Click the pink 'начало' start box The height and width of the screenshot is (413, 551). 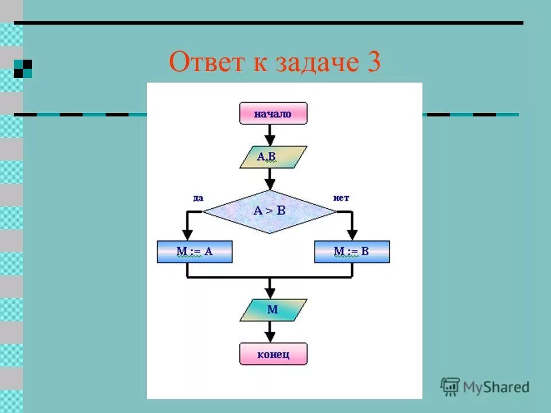[273, 114]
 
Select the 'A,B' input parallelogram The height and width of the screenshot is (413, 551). [273, 157]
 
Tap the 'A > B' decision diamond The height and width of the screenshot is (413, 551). [270, 211]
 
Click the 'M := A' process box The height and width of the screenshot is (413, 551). [195, 251]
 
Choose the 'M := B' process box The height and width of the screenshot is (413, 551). [352, 251]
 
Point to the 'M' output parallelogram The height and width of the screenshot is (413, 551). [273, 310]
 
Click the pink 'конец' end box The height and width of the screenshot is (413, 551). [273, 354]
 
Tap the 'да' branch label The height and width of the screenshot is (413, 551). [197, 198]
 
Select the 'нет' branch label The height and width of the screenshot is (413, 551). [341, 198]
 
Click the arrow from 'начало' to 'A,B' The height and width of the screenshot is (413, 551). [270, 135]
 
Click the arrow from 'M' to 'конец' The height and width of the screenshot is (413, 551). [270, 332]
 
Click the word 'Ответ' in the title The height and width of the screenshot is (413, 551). [204, 62]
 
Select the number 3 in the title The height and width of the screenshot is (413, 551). [371, 62]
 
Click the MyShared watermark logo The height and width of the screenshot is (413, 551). [485, 387]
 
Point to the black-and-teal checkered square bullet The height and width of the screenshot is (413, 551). [23, 68]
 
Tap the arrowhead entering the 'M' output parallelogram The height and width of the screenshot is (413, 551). [270, 293]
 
